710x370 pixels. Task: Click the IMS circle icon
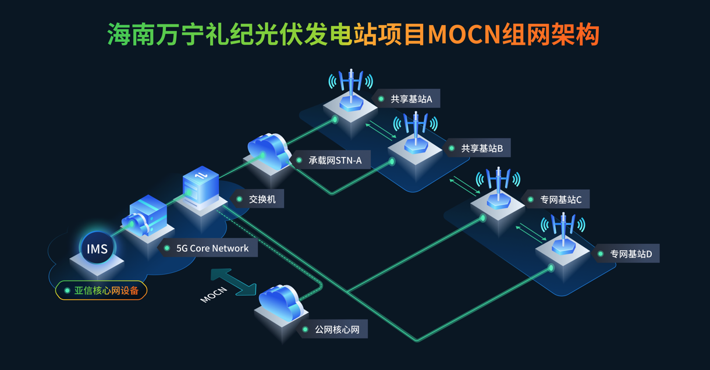[x=97, y=249]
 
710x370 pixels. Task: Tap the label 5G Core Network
[x=212, y=248]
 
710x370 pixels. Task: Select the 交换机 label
[x=262, y=199]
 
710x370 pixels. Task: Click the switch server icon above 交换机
[x=201, y=187]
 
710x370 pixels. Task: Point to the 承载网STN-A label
[x=335, y=160]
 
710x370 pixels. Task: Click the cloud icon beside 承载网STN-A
[x=268, y=151]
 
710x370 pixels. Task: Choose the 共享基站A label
[x=411, y=99]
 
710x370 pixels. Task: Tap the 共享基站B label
[x=481, y=148]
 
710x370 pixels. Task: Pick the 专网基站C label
[x=560, y=200]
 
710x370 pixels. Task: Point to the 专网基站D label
[x=630, y=254]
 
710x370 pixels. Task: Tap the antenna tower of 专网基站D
[x=563, y=233]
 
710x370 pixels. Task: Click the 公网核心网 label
[x=337, y=330]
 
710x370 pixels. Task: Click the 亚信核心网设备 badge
[x=101, y=290]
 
